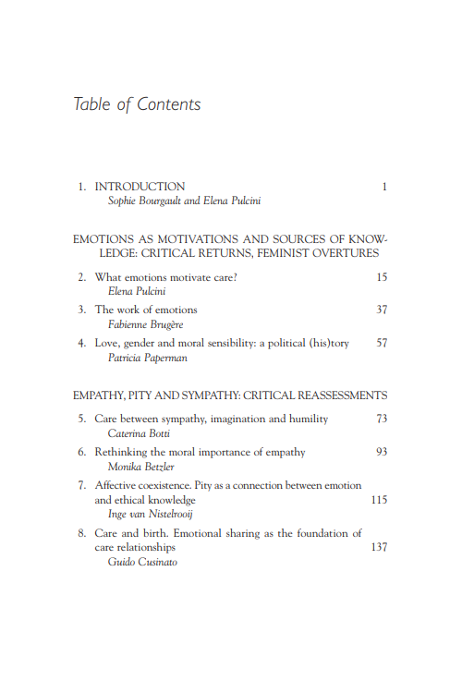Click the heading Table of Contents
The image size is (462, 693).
[x=137, y=103]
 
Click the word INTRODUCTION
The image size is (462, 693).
[x=140, y=186]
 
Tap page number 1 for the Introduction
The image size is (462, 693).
[x=383, y=187]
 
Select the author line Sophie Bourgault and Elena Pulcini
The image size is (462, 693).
[x=185, y=201]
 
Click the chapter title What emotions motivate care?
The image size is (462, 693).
[x=166, y=277]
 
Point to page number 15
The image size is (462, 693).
[x=382, y=277]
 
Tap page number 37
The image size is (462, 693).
[x=382, y=310]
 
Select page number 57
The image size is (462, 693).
[x=382, y=343]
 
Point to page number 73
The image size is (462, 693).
[x=382, y=419]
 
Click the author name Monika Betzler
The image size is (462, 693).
[x=140, y=467]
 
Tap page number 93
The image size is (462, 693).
[x=382, y=452]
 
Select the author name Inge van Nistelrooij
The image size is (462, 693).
[x=151, y=514]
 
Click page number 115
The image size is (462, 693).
[x=379, y=500]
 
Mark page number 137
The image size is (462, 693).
[x=379, y=548]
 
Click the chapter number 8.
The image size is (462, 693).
[x=81, y=533]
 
